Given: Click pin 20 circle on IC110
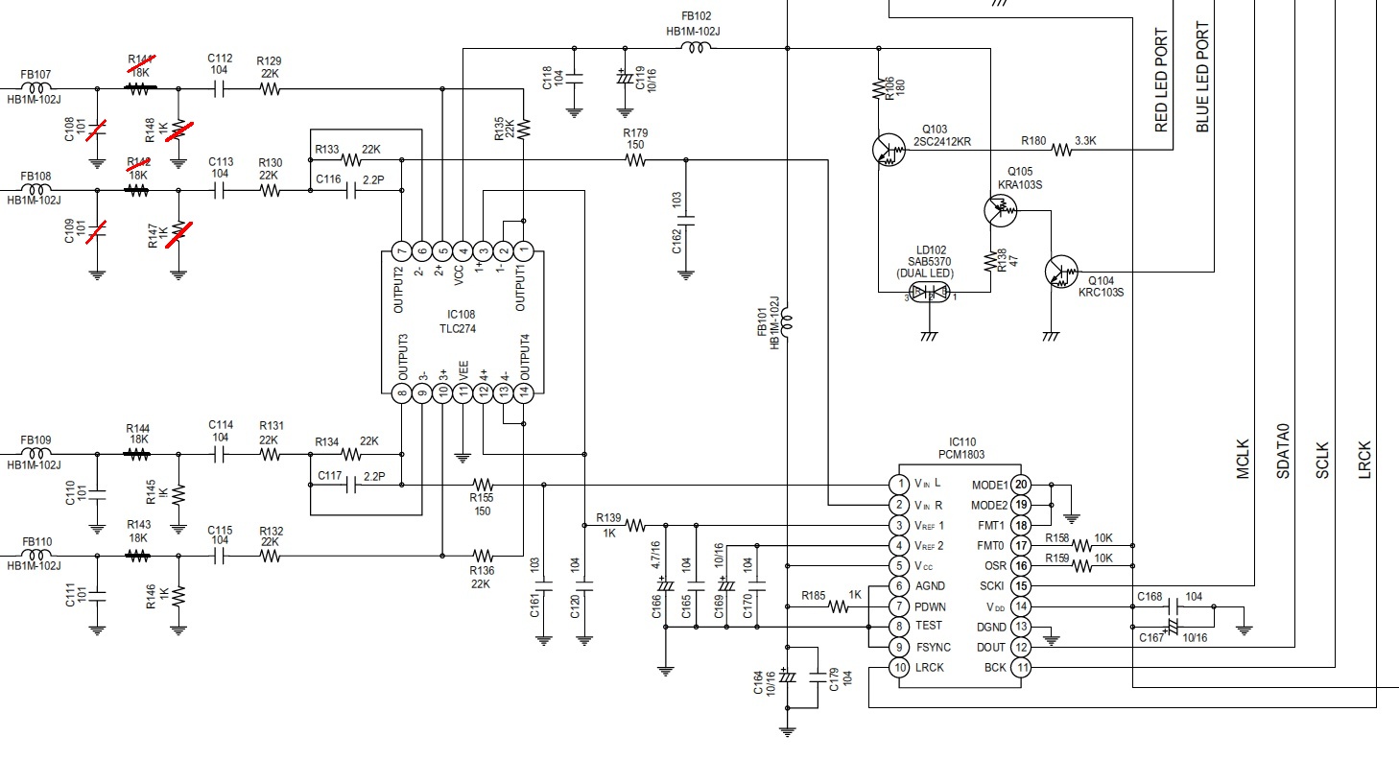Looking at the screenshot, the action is coord(1021,484).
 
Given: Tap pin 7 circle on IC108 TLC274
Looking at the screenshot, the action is coord(402,251).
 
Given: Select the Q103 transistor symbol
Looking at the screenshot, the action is coord(889,150).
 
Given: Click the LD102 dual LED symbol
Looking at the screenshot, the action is coord(930,292).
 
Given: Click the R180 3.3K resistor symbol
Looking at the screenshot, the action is coord(1061,150).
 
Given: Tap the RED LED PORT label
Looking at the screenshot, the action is coord(1161,80).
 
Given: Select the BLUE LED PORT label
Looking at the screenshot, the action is coord(1202,77).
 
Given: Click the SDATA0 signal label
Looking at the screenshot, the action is coord(1283,451).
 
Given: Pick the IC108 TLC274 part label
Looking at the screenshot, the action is coord(461,321).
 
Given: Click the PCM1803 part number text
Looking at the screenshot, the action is coord(961,455).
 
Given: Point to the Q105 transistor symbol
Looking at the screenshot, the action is coord(1000,210).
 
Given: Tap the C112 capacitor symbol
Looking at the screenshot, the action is coord(219,89).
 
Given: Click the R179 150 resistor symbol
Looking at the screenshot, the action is coord(634,160).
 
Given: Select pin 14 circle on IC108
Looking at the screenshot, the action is coord(523,392).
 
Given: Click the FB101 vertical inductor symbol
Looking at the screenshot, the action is coord(787,322).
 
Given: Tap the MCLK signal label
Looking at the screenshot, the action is coord(1243,459).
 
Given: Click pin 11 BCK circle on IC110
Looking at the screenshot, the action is coord(1021,668).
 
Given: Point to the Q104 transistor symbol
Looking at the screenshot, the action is coord(1061,272).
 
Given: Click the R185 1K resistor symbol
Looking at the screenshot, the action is coord(838,606).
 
